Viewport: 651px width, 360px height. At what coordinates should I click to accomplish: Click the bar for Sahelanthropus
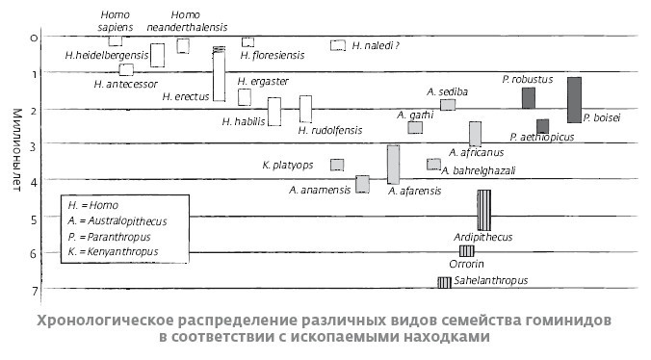click(445, 282)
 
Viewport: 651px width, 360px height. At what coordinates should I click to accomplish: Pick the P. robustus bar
click(528, 97)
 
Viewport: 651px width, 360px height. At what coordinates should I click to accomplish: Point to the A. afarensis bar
click(393, 164)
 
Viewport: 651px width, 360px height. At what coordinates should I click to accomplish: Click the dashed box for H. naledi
click(338, 45)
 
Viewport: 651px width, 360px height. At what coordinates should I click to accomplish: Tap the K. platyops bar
click(337, 165)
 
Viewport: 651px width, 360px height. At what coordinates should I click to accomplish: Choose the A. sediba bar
click(448, 104)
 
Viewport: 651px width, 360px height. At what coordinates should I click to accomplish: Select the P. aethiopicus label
click(541, 137)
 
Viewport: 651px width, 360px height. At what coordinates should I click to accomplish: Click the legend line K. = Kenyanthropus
click(112, 252)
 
